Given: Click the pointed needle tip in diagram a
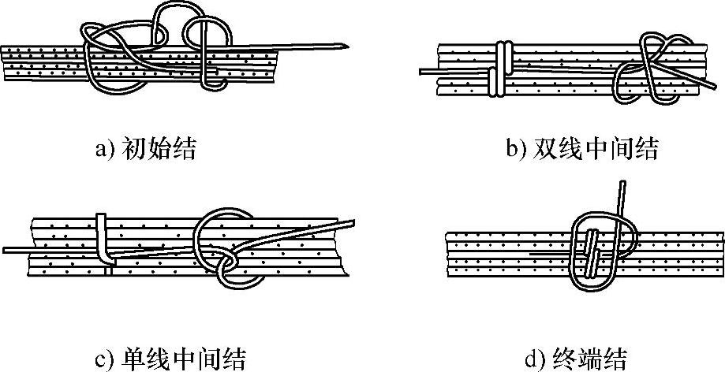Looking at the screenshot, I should pyautogui.click(x=348, y=45).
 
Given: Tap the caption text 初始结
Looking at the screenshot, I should pyautogui.click(x=170, y=148).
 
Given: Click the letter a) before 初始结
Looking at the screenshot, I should pyautogui.click(x=105, y=149).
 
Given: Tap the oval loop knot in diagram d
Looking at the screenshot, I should pyautogui.click(x=599, y=252).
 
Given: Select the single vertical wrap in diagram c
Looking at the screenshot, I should pyautogui.click(x=103, y=236).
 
